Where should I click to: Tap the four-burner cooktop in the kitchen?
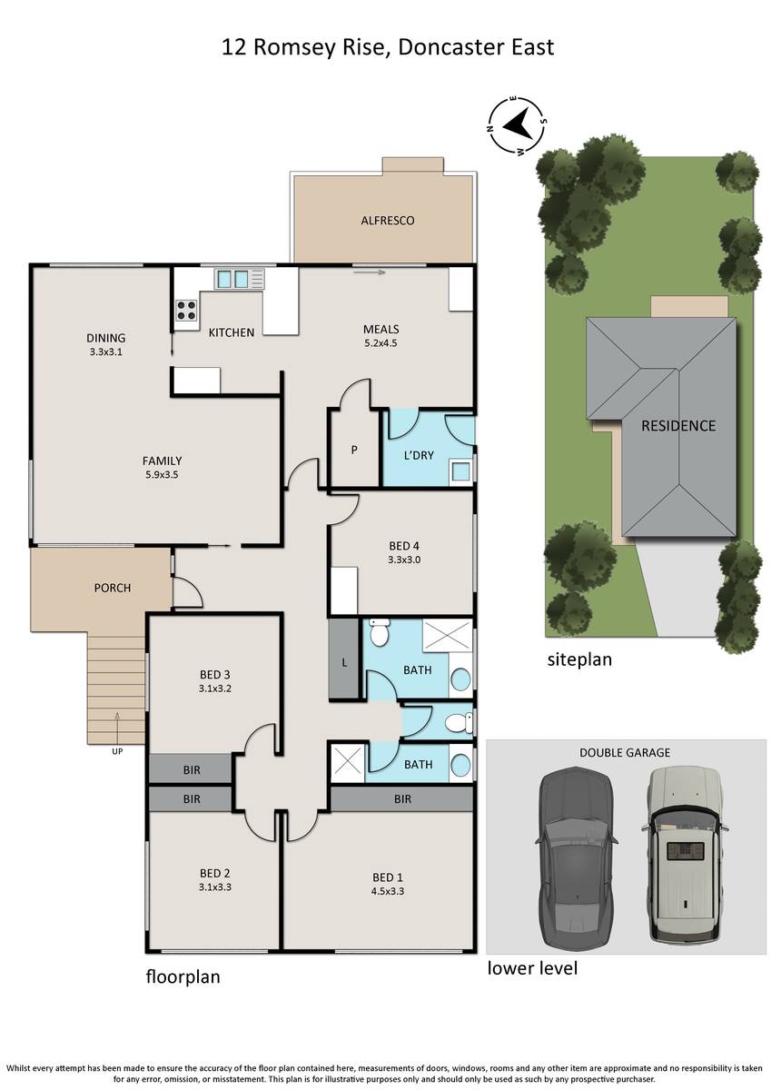[x=186, y=310]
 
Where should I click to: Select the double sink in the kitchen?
[x=232, y=279]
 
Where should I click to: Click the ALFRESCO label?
[x=387, y=221]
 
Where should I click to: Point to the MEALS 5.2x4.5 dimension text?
[x=381, y=342]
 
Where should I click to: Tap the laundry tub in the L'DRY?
[x=460, y=471]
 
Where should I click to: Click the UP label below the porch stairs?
[x=117, y=751]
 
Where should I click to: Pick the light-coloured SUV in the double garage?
[x=686, y=853]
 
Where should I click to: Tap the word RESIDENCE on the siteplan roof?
[x=678, y=426]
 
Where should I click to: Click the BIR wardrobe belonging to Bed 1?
[x=401, y=798]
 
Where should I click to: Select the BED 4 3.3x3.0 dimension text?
[x=404, y=560]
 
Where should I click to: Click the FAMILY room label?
[x=162, y=461]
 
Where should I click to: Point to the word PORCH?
[x=113, y=588]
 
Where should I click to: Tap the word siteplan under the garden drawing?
[x=579, y=659]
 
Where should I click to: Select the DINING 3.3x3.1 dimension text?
[x=106, y=352]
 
